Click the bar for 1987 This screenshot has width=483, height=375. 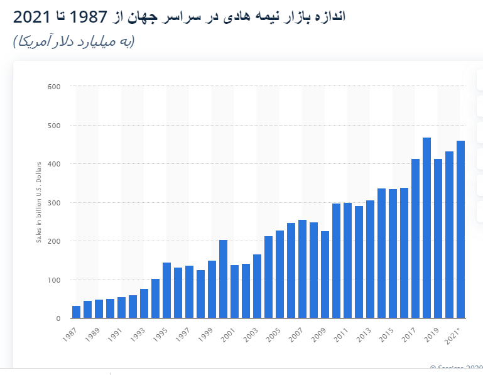click(76, 312)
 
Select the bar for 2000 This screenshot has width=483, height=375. click(223, 279)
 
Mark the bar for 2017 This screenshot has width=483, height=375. click(415, 238)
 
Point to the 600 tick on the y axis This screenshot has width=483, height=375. click(53, 87)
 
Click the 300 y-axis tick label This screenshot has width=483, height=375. click(53, 203)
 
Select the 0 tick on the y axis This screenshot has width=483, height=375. click(58, 318)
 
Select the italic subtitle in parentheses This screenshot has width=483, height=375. click(73, 41)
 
